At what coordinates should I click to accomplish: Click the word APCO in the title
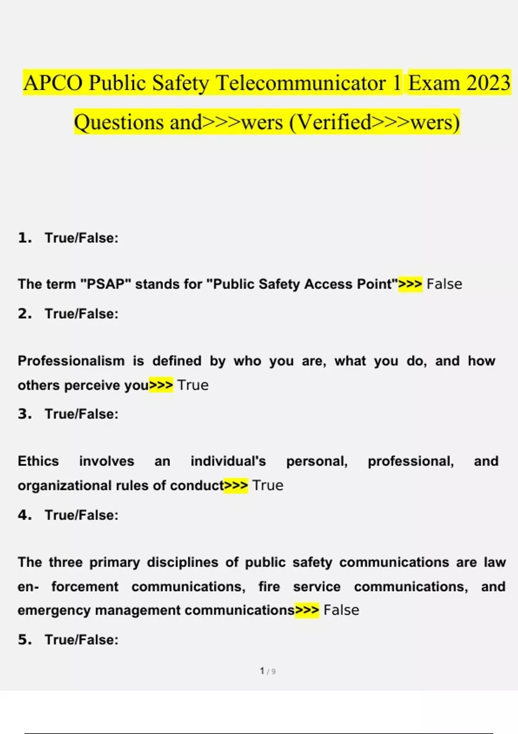point(53,83)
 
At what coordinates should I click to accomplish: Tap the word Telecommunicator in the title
point(301,83)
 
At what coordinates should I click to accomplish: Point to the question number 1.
point(25,238)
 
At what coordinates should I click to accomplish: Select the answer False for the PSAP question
point(444,284)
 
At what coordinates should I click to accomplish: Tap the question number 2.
point(25,314)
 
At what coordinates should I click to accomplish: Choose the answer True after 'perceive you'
point(193,385)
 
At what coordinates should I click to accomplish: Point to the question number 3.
point(25,414)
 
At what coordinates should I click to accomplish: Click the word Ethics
point(38,461)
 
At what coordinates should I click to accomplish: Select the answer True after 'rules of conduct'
point(268,485)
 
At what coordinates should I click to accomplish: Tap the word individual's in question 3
point(228,461)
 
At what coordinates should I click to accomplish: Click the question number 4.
point(25,515)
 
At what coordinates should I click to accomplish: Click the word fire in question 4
point(269,587)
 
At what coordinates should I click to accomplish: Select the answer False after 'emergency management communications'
point(341,610)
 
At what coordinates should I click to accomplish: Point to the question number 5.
point(25,640)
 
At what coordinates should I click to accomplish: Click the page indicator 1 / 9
point(268,671)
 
